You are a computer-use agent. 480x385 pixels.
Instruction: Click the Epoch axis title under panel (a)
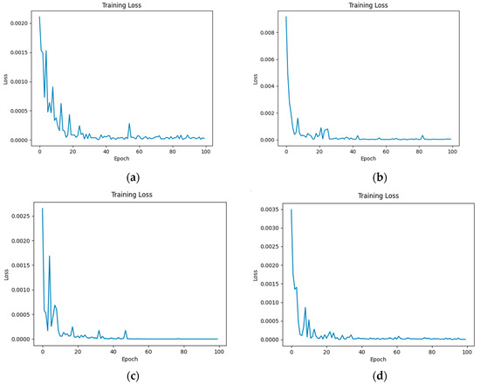pos(120,160)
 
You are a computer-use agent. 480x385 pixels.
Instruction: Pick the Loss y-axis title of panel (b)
pos(256,77)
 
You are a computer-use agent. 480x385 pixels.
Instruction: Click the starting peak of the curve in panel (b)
pos(286,17)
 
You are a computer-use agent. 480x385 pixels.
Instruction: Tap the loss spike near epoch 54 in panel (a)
pos(129,124)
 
